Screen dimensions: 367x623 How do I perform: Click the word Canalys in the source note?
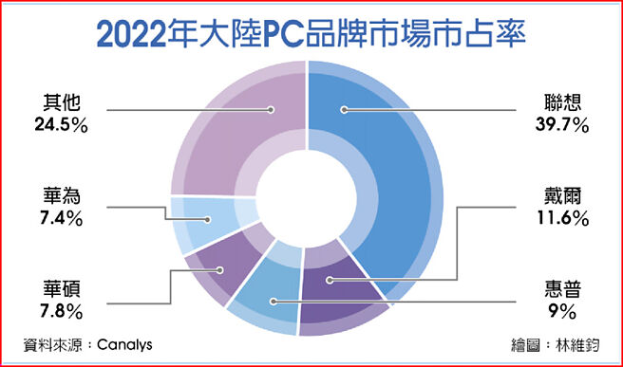click(x=125, y=344)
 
